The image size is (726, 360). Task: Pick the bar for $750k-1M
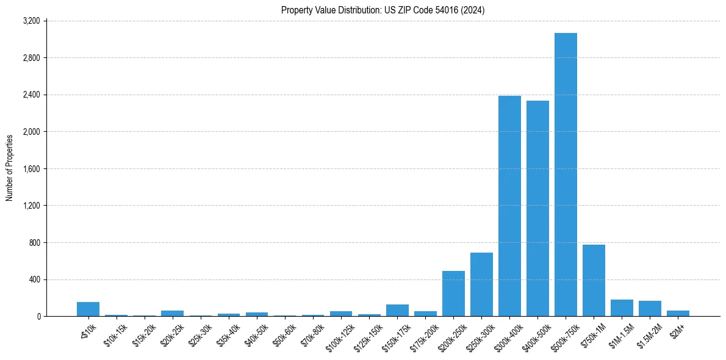point(594,281)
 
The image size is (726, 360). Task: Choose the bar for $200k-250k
point(453,293)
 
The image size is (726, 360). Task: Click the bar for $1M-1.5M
point(622,308)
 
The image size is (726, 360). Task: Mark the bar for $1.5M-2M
point(650,309)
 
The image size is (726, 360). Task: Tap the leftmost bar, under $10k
point(88,309)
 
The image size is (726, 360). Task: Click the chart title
point(383,10)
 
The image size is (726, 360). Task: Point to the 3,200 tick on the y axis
point(31,21)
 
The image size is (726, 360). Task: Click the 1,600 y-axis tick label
point(31,169)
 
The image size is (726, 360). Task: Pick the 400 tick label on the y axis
point(34,279)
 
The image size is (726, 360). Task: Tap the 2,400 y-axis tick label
point(31,95)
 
